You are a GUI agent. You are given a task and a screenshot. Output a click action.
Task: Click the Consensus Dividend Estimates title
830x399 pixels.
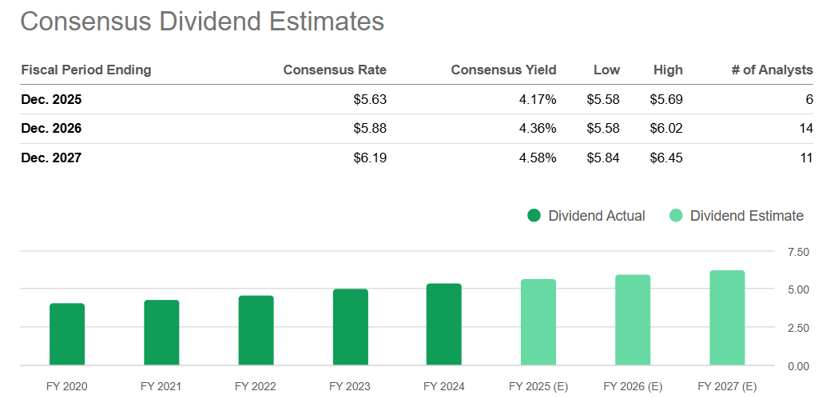202,21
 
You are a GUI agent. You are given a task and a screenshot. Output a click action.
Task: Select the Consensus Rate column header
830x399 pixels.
335,70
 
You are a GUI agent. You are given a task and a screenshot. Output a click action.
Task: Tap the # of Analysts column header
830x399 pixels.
772,70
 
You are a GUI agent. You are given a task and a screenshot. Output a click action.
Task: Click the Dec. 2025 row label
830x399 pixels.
51,100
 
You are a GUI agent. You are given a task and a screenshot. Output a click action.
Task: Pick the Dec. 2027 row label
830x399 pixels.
51,158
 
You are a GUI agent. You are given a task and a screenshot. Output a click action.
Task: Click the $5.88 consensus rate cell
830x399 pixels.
369,129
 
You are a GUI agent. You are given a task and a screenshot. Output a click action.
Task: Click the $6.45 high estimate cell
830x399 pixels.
665,158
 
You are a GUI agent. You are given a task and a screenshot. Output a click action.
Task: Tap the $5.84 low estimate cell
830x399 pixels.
603,158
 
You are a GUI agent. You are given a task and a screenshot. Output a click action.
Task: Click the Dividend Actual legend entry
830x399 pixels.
586,216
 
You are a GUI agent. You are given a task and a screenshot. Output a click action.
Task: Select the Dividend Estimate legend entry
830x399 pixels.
737,216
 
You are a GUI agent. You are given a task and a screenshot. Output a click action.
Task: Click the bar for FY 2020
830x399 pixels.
67,334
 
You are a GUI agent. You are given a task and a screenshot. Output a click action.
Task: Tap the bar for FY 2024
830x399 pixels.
444,325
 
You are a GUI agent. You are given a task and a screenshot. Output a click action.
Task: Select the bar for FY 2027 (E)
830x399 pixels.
727,318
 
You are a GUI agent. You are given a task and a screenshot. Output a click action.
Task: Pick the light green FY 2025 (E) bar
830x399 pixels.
538,322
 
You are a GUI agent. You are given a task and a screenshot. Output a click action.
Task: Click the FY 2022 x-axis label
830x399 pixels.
256,387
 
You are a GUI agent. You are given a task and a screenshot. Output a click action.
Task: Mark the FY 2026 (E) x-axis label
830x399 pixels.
633,387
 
